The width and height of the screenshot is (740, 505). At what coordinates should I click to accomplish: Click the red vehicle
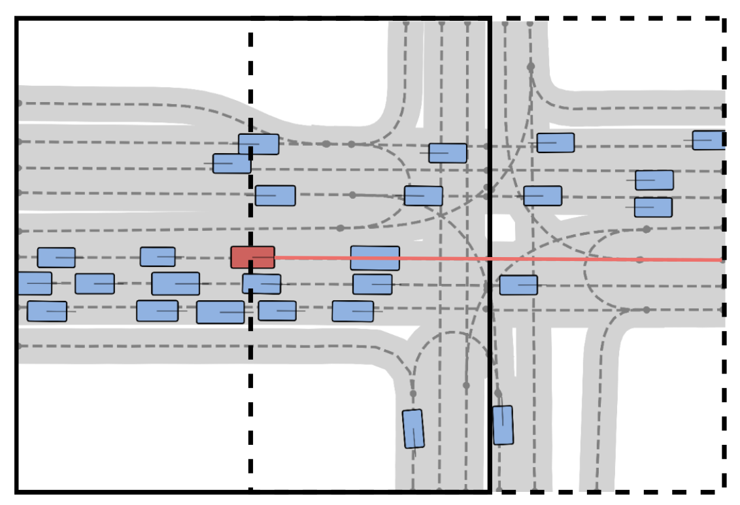click(x=252, y=257)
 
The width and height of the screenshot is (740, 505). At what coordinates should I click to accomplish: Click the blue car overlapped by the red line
click(x=375, y=258)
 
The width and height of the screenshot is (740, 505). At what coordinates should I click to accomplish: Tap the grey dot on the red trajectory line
click(x=640, y=260)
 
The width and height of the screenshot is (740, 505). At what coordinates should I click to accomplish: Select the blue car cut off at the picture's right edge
click(x=709, y=140)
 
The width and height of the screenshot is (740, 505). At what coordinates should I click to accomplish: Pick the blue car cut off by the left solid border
click(x=33, y=283)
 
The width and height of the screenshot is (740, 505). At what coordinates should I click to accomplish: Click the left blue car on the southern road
click(x=412, y=428)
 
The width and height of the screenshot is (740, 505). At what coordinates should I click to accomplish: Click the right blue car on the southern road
click(x=503, y=425)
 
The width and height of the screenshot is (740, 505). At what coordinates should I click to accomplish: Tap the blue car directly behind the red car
click(x=158, y=256)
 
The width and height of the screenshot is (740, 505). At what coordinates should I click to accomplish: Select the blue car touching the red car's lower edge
click(x=261, y=284)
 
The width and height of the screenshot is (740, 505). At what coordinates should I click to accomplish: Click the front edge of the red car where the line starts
click(x=275, y=258)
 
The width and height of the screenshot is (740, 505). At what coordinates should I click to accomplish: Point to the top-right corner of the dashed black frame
click(x=724, y=19)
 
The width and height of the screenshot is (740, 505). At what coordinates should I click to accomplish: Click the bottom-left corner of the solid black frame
click(x=17, y=491)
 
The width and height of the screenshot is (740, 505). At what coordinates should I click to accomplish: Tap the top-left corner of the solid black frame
click(x=17, y=19)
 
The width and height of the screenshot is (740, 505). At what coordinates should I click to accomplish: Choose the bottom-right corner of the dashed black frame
click(x=724, y=491)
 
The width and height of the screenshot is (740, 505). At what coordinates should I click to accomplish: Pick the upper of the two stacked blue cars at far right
click(x=654, y=180)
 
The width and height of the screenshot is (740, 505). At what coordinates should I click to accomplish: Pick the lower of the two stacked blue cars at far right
click(x=653, y=207)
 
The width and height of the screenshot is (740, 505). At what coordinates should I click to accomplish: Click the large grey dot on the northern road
click(x=531, y=66)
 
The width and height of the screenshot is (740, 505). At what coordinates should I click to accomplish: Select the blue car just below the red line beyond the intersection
click(x=518, y=285)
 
